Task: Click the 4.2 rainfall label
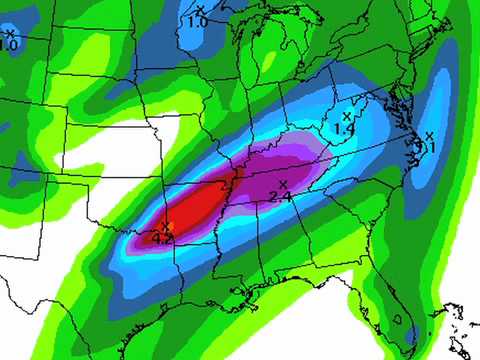(163, 238)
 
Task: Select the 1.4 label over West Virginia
(344, 129)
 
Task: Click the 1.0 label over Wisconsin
(198, 20)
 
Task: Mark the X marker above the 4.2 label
(166, 226)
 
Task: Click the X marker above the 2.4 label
(284, 183)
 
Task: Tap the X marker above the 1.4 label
(346, 117)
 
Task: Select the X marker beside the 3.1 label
(429, 136)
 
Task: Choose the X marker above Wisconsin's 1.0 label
(199, 9)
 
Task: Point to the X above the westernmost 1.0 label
(8, 33)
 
